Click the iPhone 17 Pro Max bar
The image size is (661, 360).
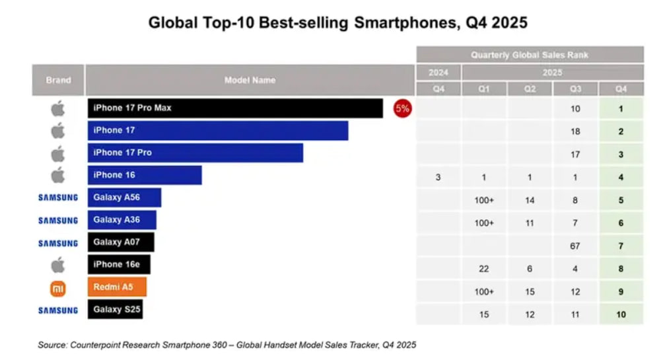point(234,108)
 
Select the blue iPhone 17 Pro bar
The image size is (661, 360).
point(195,153)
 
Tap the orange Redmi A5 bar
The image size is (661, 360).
point(117,287)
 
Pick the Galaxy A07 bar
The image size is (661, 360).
point(121,242)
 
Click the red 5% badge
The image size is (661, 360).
point(402,108)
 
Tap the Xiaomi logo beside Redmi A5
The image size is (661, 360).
point(58,288)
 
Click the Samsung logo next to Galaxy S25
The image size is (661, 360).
point(58,310)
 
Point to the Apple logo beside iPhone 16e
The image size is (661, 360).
point(58,265)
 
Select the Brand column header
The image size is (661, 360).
point(58,80)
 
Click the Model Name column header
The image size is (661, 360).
point(250,80)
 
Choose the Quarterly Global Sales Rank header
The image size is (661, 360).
point(530,55)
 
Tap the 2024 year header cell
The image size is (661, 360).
point(438,72)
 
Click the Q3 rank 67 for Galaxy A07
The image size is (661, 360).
point(575,246)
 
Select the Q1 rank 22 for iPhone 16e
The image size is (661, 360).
point(484,269)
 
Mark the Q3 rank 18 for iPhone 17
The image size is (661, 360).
point(575,131)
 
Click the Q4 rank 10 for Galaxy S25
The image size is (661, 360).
point(621,314)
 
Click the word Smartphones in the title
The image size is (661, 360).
point(400,22)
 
